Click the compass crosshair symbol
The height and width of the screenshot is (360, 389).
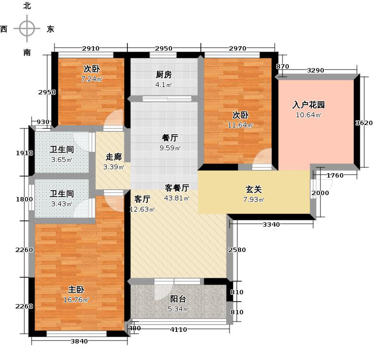[27, 29]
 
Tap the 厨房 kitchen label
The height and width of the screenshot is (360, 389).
[164, 75]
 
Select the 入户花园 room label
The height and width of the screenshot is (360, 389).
[308, 105]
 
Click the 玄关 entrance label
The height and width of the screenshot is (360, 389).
[251, 190]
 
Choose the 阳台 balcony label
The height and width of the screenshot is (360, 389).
[178, 299]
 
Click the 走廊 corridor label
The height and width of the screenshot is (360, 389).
[114, 158]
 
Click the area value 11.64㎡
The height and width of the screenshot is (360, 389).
[241, 126]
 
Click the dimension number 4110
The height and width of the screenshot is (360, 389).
[178, 329]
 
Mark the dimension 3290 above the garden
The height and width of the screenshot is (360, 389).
[315, 70]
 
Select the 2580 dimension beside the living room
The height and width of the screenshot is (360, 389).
[237, 250]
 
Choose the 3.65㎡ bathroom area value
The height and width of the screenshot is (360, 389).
[62, 160]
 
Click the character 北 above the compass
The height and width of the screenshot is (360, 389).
[27, 6]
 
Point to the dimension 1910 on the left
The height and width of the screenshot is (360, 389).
[25, 153]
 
